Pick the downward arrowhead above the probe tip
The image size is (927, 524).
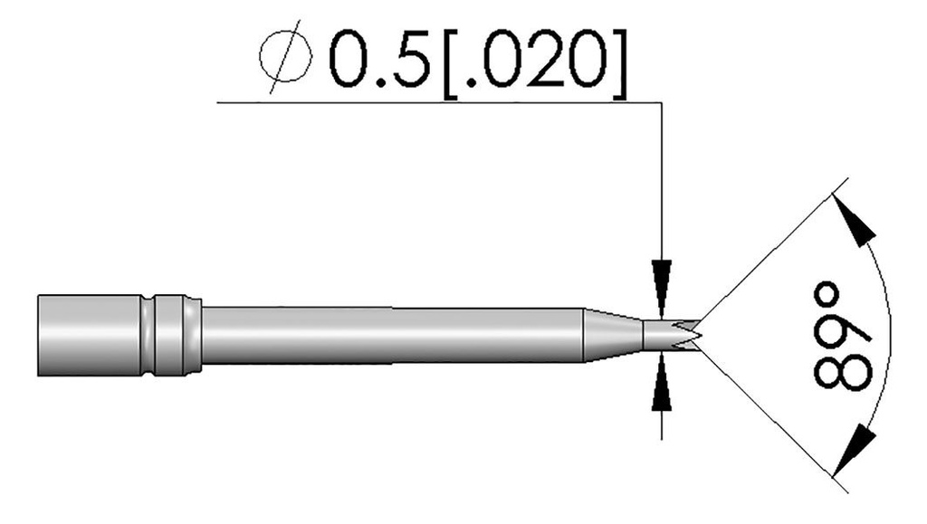[663, 276]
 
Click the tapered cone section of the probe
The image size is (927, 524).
[611, 335]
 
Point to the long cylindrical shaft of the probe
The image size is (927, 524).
[389, 335]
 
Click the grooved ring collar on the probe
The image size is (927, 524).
[171, 335]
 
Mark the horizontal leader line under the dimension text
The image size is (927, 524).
[435, 102]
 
